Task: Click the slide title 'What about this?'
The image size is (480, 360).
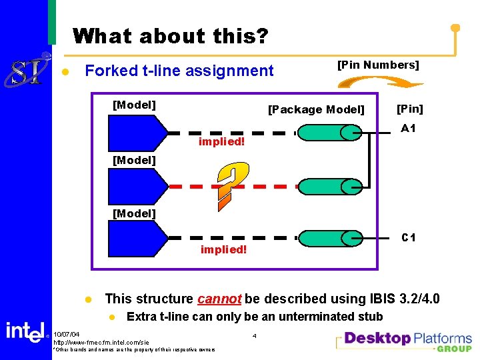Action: coord(170,35)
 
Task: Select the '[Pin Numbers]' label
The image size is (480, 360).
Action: coord(378,65)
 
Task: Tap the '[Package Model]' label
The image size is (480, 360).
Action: coord(316,109)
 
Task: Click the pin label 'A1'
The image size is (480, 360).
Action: coord(408,129)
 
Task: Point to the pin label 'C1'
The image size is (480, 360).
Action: coord(408,237)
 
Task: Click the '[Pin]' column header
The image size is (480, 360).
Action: coord(409,109)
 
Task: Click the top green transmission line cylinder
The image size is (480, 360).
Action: coord(331,133)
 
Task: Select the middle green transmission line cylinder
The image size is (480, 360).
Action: coord(331,186)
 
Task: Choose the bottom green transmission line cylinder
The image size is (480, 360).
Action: coord(331,238)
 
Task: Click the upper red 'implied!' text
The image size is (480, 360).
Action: coord(222,142)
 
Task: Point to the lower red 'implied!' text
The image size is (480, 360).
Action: coord(223,250)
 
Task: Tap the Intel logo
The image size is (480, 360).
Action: coord(25,331)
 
